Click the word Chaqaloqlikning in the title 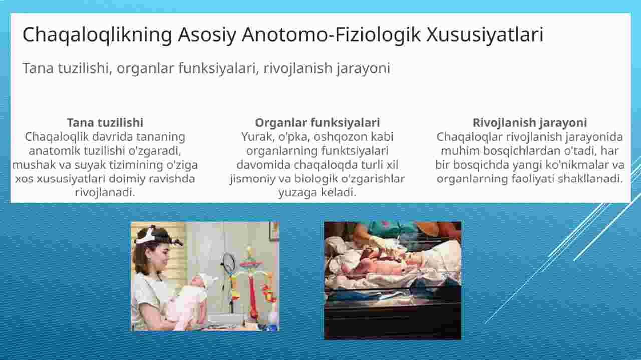tap(97, 35)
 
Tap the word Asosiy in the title tap(207, 35)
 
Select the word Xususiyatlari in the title tap(485, 35)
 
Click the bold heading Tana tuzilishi tap(105, 123)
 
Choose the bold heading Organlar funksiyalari tap(317, 123)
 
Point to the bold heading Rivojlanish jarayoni tap(530, 123)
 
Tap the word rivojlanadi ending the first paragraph tap(105, 193)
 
